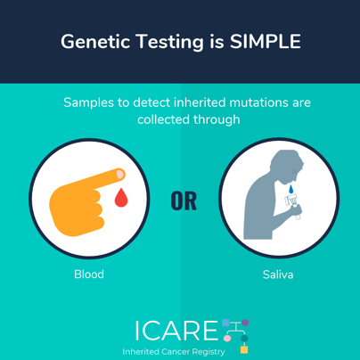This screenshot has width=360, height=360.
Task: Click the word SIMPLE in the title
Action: point(266,41)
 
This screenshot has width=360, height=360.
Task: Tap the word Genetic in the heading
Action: point(95,41)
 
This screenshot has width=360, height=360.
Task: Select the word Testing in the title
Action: point(170,42)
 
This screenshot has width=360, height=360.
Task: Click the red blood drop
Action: point(121,197)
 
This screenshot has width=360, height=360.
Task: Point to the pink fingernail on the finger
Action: point(120,174)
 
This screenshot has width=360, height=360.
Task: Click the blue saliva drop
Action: point(291,189)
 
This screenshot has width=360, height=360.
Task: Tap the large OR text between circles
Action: point(184,201)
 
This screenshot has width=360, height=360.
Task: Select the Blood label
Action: point(89,274)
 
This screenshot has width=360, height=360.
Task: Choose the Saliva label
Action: point(278,274)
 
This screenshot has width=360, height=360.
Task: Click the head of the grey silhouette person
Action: point(287,166)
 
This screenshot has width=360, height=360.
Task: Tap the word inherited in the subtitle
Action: point(200,102)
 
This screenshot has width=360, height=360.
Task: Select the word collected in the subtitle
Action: point(163,119)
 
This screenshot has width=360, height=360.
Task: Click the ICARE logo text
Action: point(177,331)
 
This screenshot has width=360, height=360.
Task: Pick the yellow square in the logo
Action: point(244,349)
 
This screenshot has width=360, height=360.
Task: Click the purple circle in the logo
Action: point(245,323)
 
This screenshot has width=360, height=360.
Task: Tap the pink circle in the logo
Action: point(227,339)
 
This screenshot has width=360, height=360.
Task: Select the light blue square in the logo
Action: point(225,323)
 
